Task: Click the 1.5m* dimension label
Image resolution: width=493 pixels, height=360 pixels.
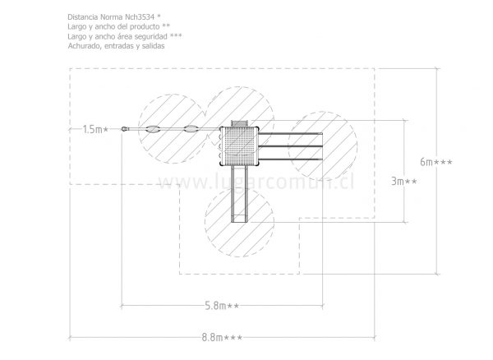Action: click(x=95, y=129)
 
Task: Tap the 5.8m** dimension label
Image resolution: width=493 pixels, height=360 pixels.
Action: click(x=222, y=306)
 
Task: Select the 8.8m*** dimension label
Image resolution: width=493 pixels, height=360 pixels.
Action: click(x=222, y=338)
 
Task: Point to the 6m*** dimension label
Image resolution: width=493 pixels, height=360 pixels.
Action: click(x=436, y=162)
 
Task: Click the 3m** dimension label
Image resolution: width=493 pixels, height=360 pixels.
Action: click(x=404, y=181)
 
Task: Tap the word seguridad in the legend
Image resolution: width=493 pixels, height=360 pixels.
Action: click(x=152, y=36)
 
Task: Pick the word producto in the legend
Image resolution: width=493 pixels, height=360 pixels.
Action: click(x=145, y=27)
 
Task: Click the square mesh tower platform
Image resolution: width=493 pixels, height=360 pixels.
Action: click(x=239, y=145)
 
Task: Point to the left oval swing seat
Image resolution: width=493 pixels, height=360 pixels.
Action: click(x=153, y=128)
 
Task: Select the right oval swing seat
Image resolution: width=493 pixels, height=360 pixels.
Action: click(x=191, y=128)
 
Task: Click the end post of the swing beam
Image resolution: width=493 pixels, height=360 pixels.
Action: click(x=125, y=128)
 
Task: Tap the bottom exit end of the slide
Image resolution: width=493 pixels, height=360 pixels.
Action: click(x=239, y=219)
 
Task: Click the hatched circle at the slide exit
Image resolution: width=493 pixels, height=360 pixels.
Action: click(x=239, y=222)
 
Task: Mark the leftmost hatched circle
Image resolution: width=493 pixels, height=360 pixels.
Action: click(x=173, y=128)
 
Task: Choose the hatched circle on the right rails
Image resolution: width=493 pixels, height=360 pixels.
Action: click(x=323, y=145)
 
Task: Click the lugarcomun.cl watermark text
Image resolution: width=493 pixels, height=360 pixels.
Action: click(x=256, y=182)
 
